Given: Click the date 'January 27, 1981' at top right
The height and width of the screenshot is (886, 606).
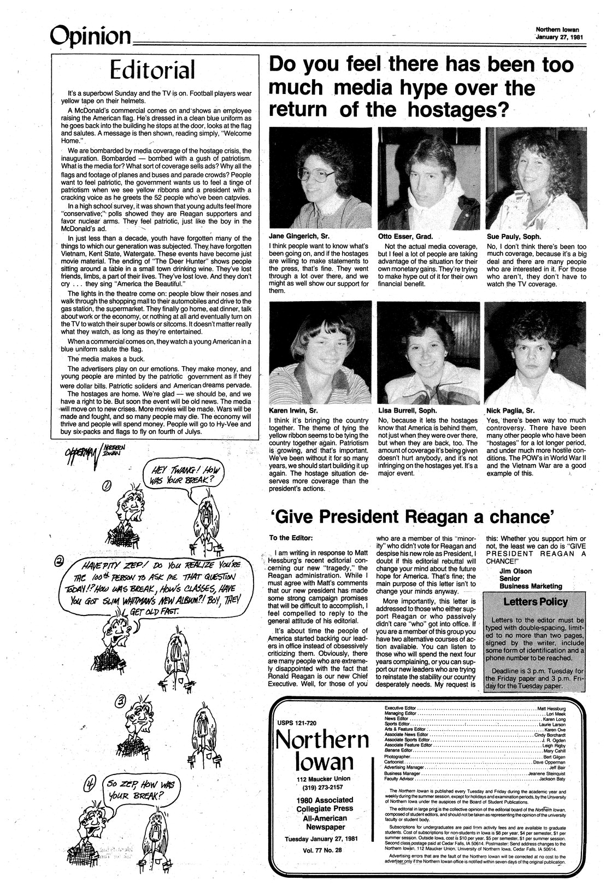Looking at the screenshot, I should (x=557, y=37).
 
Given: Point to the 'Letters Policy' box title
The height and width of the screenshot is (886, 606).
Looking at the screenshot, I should (x=535, y=602).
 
